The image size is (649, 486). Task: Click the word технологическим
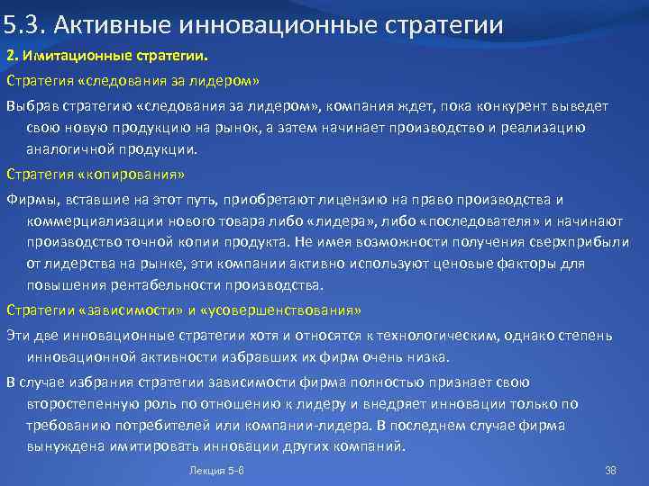click(x=433, y=334)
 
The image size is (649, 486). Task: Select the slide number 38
click(x=610, y=471)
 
